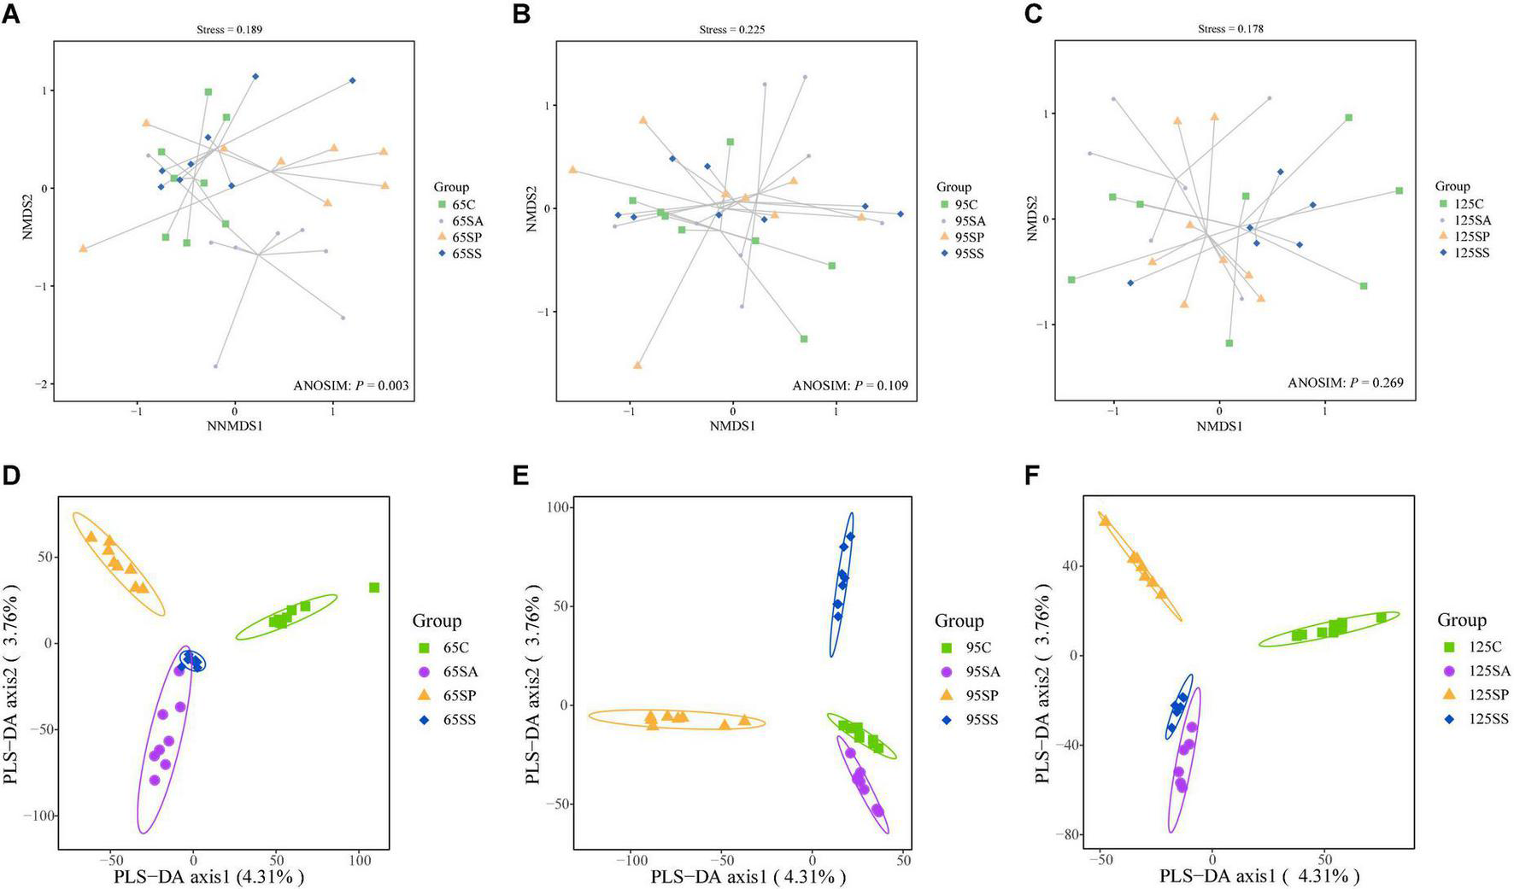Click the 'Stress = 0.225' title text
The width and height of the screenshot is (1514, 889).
point(731,30)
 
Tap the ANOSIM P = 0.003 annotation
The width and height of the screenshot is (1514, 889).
point(351,386)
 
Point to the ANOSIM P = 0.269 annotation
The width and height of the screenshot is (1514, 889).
point(1346,383)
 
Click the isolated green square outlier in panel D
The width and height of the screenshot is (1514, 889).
point(374,588)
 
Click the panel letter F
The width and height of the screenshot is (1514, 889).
point(1033,476)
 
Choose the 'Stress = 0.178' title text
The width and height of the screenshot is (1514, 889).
point(1230,29)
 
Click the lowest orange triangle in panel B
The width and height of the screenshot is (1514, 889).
point(637,366)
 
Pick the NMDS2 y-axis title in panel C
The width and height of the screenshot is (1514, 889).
point(1031,219)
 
